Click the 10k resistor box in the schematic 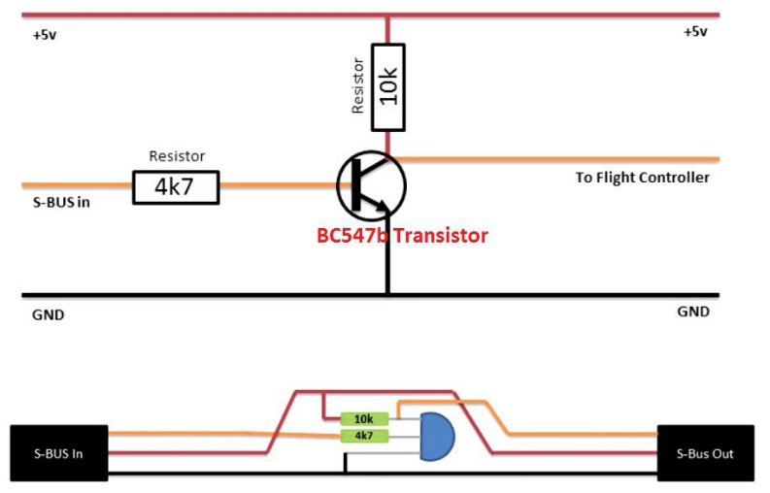coord(387,87)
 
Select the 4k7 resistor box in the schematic coord(177,186)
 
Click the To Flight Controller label coord(642,178)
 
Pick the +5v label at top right coord(694,32)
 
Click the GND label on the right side coord(693,312)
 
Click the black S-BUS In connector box coord(58,453)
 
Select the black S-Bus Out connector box coord(706,453)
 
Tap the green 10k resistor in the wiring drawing coord(364,418)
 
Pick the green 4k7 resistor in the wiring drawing coord(364,436)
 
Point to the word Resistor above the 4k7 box coord(176,155)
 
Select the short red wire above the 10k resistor coord(387,29)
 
